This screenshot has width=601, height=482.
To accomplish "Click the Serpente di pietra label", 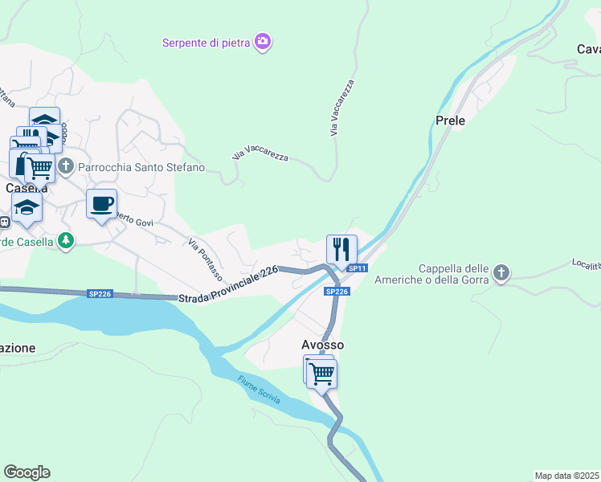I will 207,42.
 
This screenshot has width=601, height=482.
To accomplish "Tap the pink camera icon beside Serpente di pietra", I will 262,42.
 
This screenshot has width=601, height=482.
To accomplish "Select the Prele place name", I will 450,120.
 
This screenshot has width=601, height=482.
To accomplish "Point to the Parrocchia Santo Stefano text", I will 141,167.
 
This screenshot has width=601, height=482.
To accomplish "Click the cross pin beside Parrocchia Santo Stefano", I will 67,167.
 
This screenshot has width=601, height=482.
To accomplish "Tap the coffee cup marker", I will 102,204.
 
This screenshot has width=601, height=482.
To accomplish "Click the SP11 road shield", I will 358,268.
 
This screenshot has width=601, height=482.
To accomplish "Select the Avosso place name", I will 323,345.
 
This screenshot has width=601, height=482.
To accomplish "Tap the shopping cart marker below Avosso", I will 321,373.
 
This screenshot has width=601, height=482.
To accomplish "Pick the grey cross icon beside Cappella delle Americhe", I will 501,273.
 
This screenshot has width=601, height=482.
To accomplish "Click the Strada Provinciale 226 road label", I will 230,284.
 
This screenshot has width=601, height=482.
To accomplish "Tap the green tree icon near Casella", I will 66,240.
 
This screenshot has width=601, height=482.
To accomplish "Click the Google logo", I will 27,472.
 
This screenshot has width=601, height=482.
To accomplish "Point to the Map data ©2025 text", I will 567,476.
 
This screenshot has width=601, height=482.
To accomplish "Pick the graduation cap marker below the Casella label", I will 27,207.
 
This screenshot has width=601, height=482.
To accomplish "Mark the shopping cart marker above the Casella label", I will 40,168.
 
